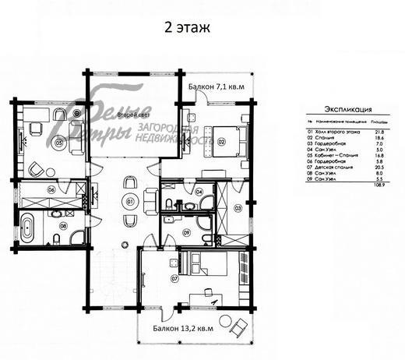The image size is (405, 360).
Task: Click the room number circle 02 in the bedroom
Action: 221,141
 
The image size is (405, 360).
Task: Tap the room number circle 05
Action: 58,143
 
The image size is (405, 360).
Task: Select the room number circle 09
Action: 186,231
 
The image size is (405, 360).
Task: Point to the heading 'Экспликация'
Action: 347,111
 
